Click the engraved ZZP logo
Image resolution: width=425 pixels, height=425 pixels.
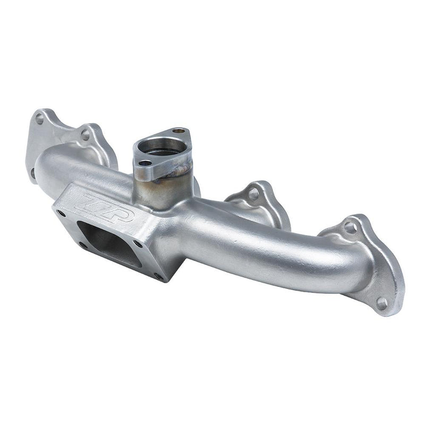104,208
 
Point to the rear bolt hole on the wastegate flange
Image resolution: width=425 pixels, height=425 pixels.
179,131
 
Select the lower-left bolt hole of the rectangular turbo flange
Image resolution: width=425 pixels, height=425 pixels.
83,245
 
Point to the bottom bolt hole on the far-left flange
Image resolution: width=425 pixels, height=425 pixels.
33,172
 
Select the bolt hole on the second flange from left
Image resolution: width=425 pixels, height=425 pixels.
86,135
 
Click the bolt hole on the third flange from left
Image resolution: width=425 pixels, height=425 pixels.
254,194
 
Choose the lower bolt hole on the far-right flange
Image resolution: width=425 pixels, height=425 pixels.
381,303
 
